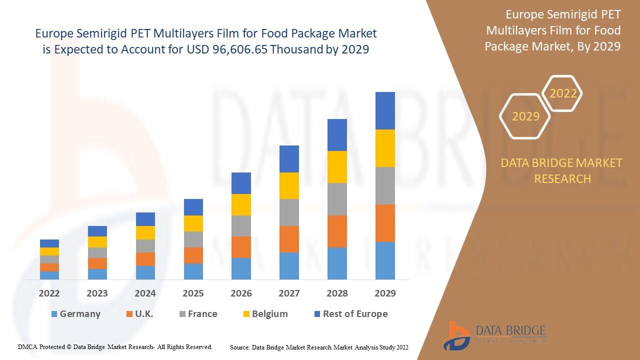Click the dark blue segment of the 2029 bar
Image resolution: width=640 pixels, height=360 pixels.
(385, 111)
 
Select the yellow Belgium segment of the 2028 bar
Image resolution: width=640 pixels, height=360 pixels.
(337, 167)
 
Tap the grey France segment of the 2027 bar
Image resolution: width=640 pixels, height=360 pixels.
(289, 212)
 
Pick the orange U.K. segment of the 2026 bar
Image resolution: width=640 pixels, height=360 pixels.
(241, 247)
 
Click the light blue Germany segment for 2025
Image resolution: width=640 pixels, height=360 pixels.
(193, 271)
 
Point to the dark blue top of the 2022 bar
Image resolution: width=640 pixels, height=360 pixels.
(49, 243)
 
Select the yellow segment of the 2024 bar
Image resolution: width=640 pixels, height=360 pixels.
(145, 233)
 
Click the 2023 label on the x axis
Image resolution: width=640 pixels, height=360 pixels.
(97, 293)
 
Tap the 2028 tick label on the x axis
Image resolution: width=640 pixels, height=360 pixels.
(337, 293)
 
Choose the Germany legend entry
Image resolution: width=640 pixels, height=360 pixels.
(76, 313)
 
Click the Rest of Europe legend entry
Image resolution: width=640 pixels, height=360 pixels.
(351, 313)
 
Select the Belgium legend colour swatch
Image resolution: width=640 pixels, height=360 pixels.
(246, 314)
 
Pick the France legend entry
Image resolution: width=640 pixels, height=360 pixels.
(198, 313)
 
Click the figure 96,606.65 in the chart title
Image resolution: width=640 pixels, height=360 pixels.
(240, 49)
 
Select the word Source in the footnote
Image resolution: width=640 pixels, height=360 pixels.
(239, 347)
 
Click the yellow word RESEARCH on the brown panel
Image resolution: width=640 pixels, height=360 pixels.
(562, 179)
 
